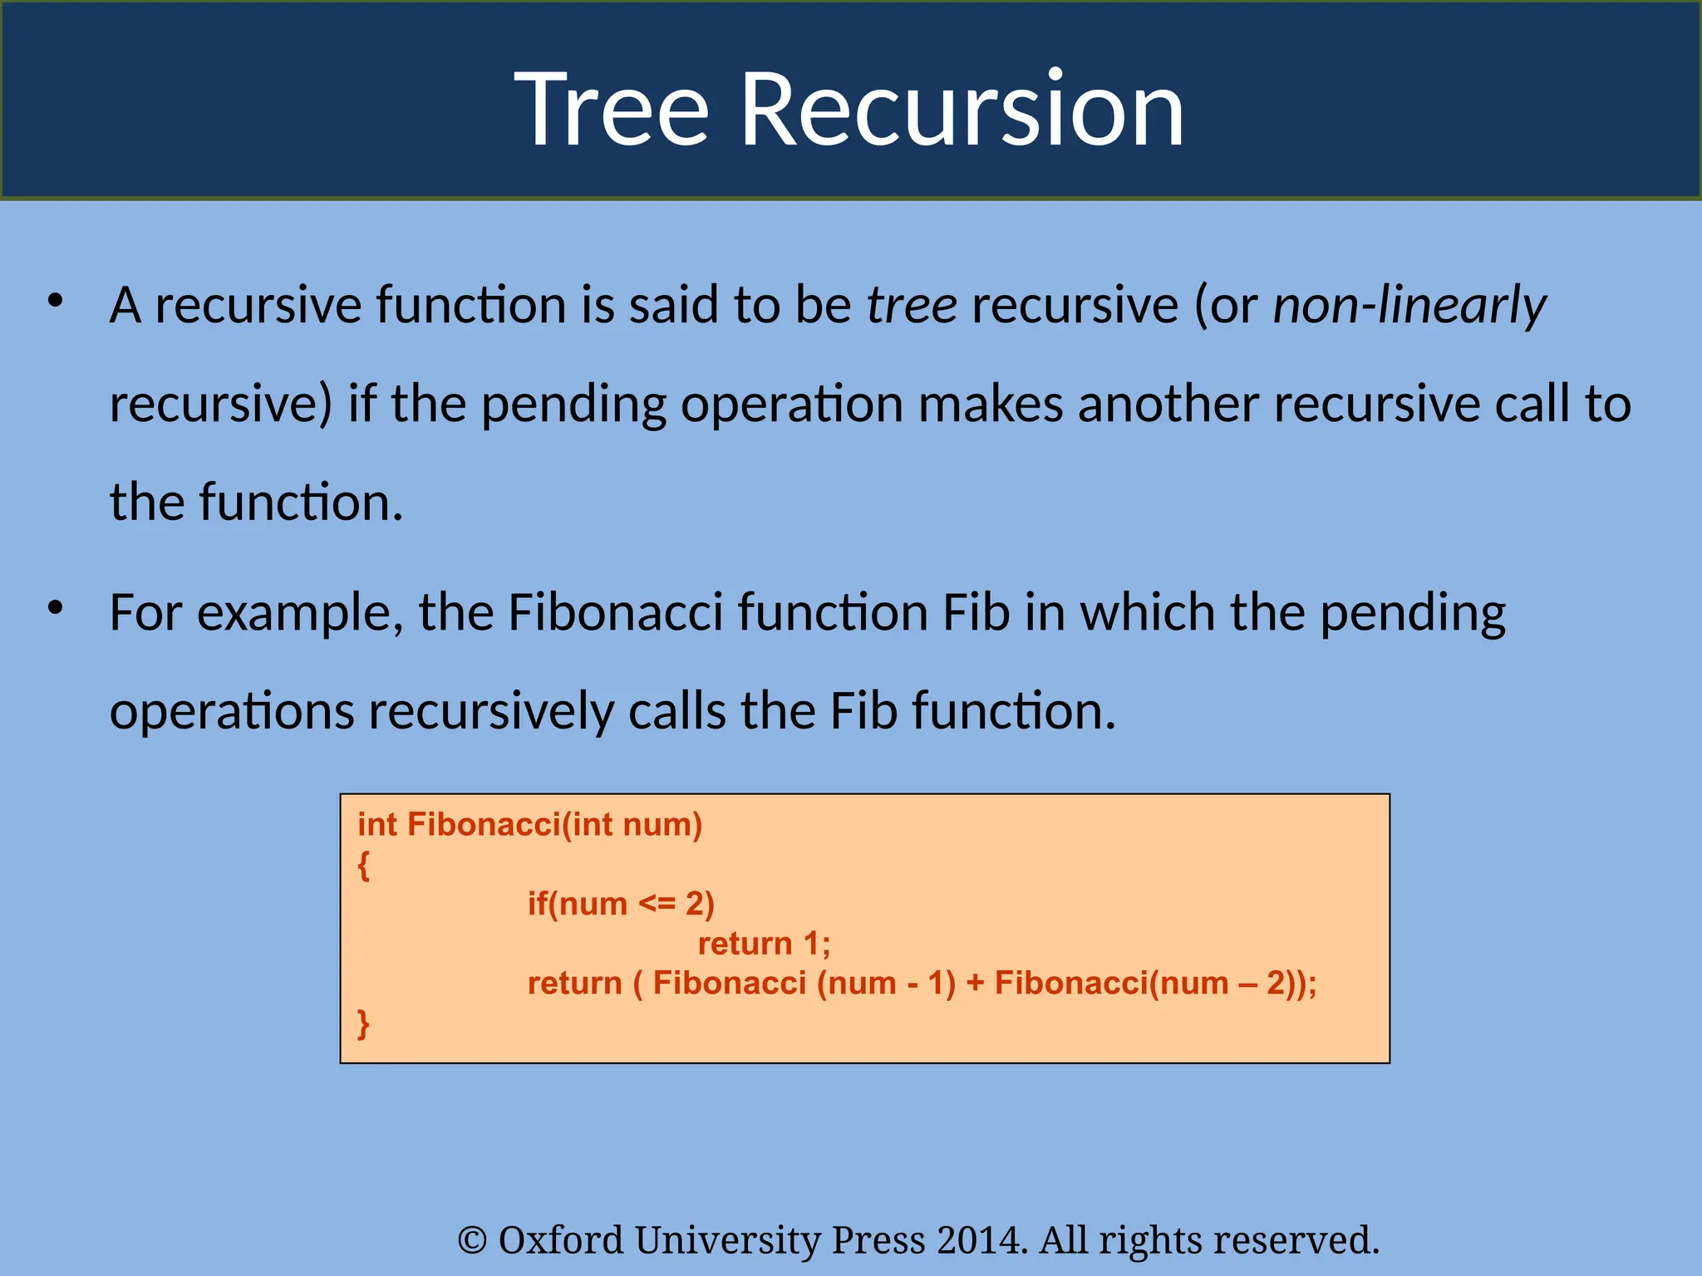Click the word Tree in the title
[611, 110]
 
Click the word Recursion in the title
[962, 110]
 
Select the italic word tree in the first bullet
[912, 305]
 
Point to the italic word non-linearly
[1409, 305]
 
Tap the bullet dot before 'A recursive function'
[56, 301]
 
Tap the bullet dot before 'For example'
[56, 608]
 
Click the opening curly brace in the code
[363, 866]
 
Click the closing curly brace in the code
[363, 1023]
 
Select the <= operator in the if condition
[657, 904]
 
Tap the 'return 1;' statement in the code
[764, 944]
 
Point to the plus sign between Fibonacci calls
[975, 984]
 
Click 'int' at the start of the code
[376, 825]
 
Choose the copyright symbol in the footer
[472, 1241]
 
